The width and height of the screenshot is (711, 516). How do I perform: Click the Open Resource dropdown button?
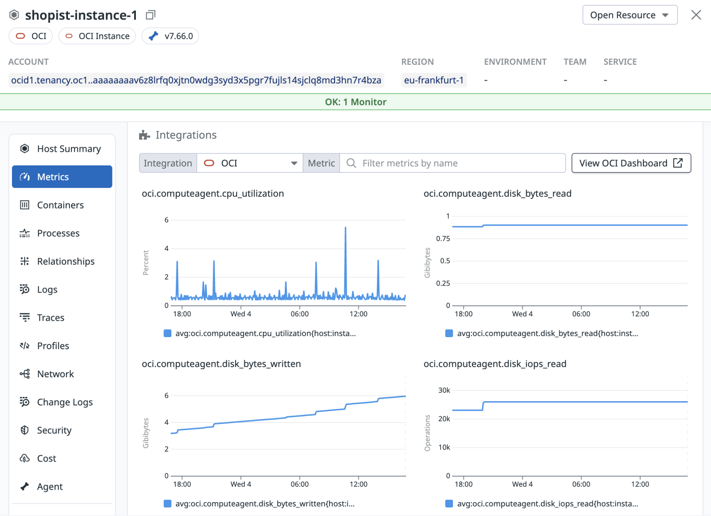630,15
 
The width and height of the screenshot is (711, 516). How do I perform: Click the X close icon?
696,15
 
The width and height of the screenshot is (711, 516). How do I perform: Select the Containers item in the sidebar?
60,205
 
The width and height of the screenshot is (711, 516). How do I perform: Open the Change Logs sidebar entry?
65,402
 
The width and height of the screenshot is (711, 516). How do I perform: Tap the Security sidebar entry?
54,430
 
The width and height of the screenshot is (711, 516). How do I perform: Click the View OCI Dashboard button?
631,163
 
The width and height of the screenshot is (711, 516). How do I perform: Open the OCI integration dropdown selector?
250,163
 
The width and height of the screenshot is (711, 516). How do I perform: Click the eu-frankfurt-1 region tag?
434,80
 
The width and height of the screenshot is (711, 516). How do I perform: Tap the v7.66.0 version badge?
170,36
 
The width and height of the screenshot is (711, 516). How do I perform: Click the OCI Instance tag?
97,36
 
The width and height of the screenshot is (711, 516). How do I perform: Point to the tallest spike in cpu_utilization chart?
345,228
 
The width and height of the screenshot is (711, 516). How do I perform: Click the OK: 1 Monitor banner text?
355,102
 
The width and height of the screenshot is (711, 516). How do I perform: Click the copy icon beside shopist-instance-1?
150,15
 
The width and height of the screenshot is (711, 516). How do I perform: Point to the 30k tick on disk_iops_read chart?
444,390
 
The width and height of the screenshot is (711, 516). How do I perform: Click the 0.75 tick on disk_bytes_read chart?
443,239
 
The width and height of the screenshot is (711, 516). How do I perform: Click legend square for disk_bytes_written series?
168,504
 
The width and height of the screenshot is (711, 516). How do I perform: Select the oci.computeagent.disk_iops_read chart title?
495,364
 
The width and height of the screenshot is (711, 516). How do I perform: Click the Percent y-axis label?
145,262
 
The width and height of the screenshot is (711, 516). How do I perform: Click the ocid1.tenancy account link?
196,80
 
